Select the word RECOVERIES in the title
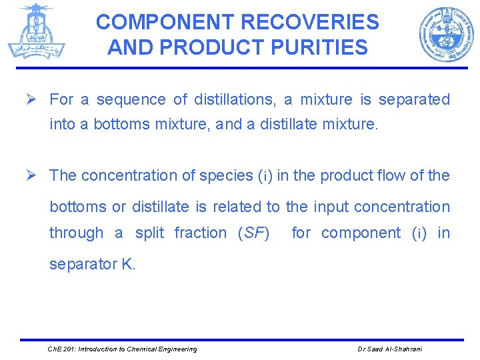[x=309, y=22]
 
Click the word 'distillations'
[x=236, y=100]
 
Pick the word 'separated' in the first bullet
[x=414, y=100]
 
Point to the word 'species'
[x=226, y=175]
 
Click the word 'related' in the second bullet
[x=236, y=207]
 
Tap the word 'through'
[x=76, y=233]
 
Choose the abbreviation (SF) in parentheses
[x=253, y=233]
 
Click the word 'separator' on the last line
[x=83, y=264]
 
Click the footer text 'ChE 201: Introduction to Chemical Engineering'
[x=122, y=349]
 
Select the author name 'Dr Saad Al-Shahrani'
[x=389, y=349]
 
